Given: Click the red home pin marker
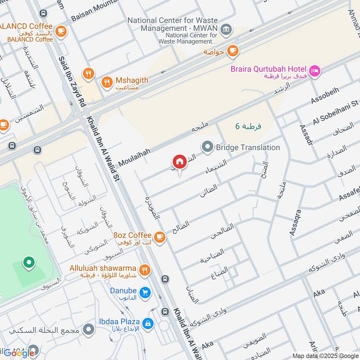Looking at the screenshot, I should click(179, 162).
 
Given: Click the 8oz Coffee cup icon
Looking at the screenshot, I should click(159, 236).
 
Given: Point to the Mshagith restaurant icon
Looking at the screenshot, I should click(107, 81).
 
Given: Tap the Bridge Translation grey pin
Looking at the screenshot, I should click(207, 147).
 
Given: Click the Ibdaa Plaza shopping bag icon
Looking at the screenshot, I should click(147, 323).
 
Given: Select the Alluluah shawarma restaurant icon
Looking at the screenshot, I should click(144, 270).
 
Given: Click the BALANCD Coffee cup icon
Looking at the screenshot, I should click(61, 31).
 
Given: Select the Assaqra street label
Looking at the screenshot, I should click(295, 222).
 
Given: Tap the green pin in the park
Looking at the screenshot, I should click(29, 262).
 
